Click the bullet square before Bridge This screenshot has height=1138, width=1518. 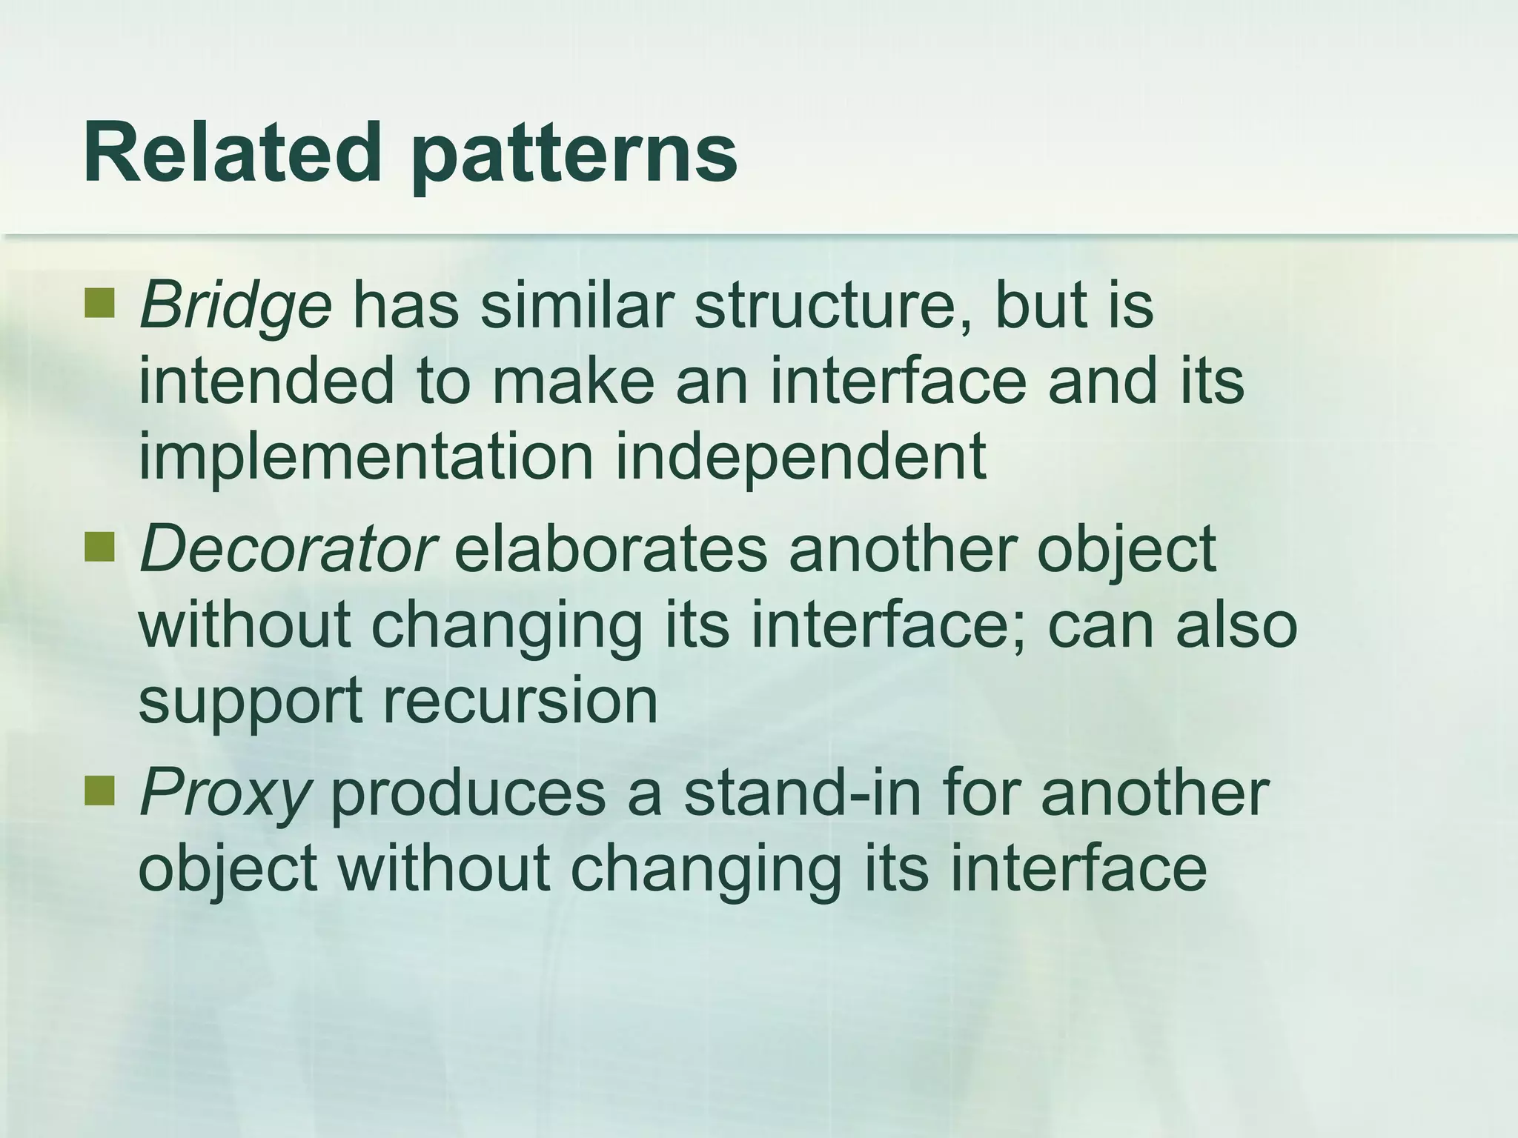pyautogui.click(x=99, y=303)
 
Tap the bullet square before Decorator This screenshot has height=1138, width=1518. pyautogui.click(x=99, y=547)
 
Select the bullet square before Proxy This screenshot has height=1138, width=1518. pyautogui.click(x=99, y=791)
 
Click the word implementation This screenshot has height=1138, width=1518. pyautogui.click(x=365, y=458)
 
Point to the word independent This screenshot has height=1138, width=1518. pyautogui.click(x=801, y=458)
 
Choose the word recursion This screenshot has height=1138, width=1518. pyautogui.click(x=520, y=700)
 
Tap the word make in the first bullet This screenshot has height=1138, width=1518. pyautogui.click(x=573, y=381)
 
